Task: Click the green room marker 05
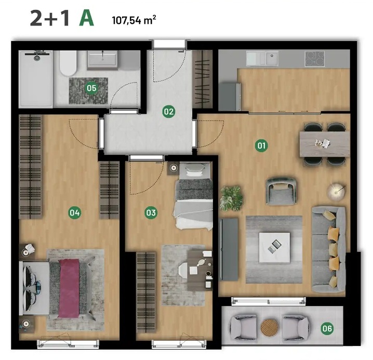91,88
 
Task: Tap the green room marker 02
169,111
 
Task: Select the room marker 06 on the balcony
327,329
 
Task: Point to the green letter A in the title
86,19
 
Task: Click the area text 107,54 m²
134,20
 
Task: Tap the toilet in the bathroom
68,63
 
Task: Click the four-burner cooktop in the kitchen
314,59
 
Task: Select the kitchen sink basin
272,58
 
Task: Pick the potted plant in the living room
231,198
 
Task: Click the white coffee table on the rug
274,248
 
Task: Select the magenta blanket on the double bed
69,288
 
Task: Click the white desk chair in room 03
187,270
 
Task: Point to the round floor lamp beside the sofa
336,191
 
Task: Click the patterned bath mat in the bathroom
88,90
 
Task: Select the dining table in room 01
325,144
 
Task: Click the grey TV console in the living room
229,249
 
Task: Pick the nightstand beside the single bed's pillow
174,168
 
